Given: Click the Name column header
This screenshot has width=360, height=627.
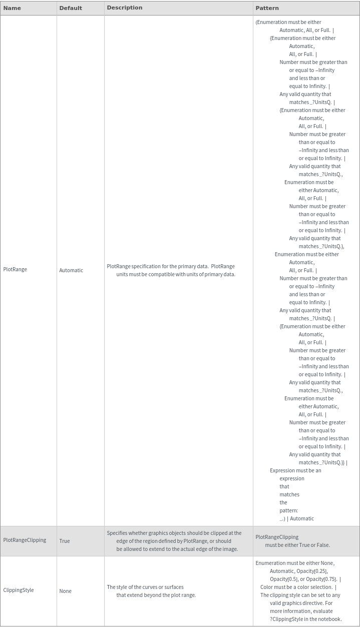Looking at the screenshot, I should tap(12, 8).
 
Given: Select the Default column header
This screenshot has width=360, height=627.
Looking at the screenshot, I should tap(71, 8).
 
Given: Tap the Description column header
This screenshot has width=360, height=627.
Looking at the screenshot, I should tap(125, 8).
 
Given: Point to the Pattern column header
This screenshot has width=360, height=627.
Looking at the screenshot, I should tap(267, 8).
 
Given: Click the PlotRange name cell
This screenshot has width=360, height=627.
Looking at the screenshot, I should tap(15, 269).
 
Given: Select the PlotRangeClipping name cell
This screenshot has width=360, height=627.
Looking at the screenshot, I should tap(25, 540).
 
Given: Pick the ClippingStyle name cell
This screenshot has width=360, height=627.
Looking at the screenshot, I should tap(19, 590).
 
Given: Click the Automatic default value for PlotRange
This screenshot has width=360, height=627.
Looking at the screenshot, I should tap(71, 270).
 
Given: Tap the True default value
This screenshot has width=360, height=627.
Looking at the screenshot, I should tap(65, 541).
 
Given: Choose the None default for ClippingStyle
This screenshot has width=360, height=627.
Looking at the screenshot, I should tap(66, 591).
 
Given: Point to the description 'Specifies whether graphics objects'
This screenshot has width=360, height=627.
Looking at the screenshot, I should tap(174, 533).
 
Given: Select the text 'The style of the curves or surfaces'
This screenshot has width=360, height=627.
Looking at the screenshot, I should tap(145, 587).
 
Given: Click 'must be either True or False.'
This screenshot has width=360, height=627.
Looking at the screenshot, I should tap(297, 545).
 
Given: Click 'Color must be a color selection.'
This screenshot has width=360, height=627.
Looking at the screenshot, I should tap(298, 587).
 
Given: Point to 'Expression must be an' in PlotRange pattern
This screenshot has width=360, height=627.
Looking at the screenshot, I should tap(295, 470).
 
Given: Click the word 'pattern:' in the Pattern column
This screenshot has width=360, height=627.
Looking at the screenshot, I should tap(288, 510).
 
